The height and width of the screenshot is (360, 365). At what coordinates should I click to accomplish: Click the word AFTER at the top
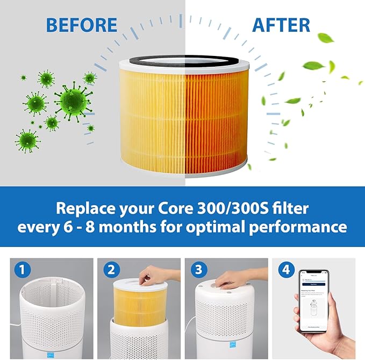pyautogui.click(x=281, y=25)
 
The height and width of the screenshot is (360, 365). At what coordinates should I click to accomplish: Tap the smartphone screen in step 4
pyautogui.click(x=315, y=301)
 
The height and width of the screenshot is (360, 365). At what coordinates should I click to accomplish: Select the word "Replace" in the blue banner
pyautogui.click(x=85, y=208)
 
